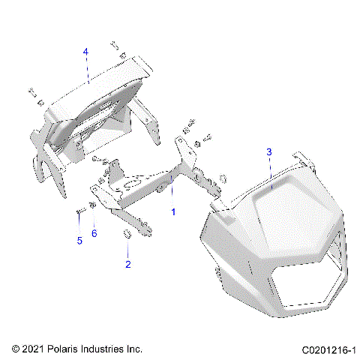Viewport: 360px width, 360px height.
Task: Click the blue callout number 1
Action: tap(174, 212)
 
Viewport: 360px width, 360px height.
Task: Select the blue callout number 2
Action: tap(127, 264)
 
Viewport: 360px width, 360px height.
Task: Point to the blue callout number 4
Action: tap(85, 51)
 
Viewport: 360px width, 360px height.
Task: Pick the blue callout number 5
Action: tap(78, 241)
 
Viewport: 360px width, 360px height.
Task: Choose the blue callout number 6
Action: tap(94, 234)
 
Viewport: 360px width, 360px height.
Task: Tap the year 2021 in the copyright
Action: tap(34, 349)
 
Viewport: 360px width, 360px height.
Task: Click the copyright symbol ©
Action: tap(16, 349)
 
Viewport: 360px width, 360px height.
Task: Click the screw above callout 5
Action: tap(79, 211)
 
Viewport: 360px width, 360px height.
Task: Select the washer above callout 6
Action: tap(91, 205)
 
